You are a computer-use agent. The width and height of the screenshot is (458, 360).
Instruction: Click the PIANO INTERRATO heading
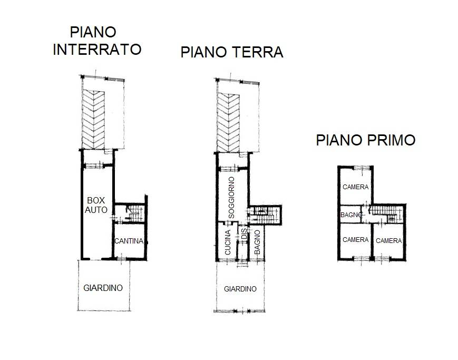(x=97, y=41)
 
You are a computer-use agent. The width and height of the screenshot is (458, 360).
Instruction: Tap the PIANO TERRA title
(x=231, y=53)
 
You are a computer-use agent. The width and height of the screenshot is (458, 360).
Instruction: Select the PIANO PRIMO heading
(x=365, y=140)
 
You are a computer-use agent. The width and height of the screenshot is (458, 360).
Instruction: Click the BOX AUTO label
(x=97, y=205)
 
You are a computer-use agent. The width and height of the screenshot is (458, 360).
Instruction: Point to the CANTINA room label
(x=129, y=241)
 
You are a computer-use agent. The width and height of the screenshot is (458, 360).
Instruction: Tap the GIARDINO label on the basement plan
(x=103, y=288)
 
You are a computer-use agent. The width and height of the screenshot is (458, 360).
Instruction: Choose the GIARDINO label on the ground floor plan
(x=240, y=289)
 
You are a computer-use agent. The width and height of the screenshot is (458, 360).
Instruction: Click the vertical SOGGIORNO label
(x=231, y=198)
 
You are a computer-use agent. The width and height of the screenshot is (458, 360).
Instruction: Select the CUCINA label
(x=228, y=243)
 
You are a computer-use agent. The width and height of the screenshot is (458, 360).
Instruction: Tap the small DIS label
(x=243, y=235)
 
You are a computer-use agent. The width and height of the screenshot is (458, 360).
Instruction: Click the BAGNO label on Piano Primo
(x=351, y=215)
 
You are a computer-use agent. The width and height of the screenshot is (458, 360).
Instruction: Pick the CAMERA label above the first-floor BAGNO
(x=355, y=187)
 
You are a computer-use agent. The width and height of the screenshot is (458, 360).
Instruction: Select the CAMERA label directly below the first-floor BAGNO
(x=355, y=240)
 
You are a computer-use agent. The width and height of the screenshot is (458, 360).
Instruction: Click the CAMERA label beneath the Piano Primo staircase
(x=388, y=240)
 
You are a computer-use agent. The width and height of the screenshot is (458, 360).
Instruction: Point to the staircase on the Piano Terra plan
(x=265, y=213)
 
